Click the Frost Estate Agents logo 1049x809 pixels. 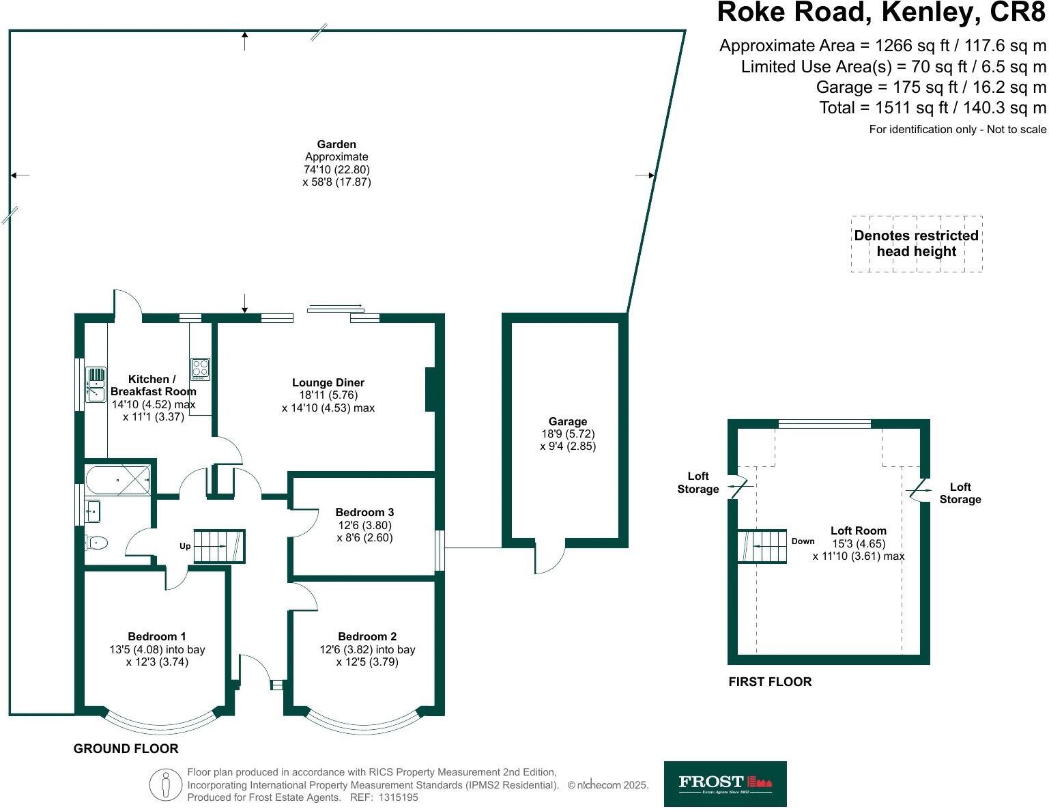725,784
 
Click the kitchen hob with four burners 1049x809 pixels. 200,369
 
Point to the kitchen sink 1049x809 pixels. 96,384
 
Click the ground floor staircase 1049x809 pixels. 219,546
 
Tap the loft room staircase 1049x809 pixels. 762,547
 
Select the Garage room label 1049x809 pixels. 567,422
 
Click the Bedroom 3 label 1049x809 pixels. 364,512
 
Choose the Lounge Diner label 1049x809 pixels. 328,382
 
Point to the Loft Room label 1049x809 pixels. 858,530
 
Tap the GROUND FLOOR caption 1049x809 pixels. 126,749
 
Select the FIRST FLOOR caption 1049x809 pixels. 770,682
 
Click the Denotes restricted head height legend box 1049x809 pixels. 916,244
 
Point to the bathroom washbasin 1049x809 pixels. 93,510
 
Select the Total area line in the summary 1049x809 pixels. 932,108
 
